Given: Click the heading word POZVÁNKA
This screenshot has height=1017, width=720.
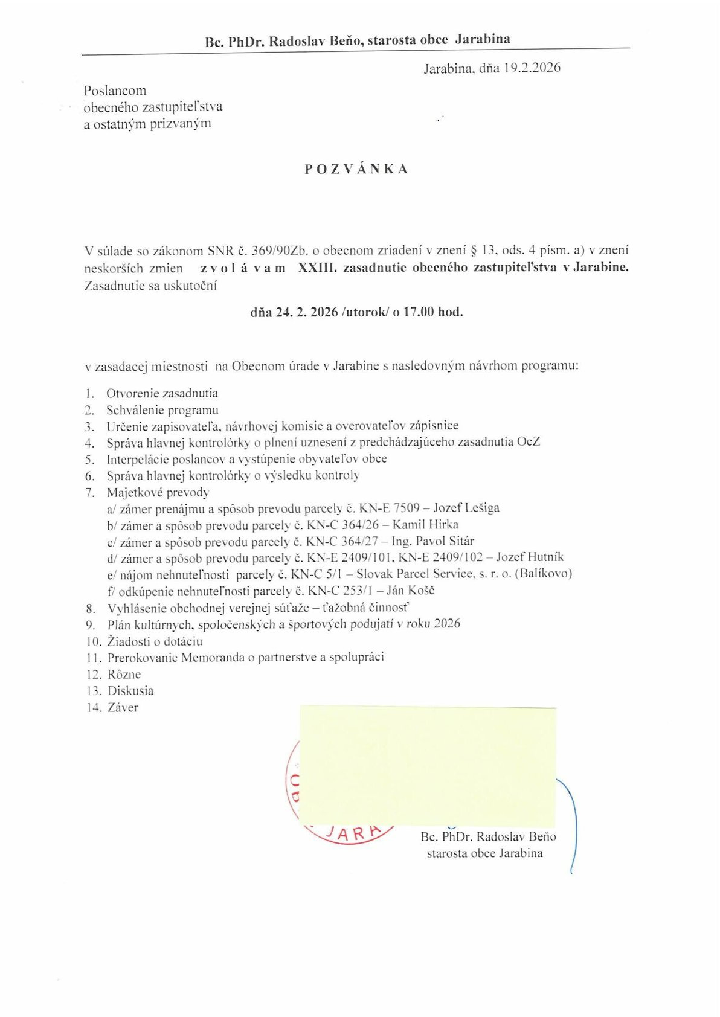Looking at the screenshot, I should click(356, 169).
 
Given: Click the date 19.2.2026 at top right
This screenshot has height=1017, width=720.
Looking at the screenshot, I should click(532, 68).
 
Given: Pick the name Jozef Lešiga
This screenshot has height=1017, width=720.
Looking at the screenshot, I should click(466, 508).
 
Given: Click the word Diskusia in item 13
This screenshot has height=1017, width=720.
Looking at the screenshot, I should click(130, 691).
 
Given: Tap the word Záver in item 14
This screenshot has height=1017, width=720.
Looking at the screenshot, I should click(123, 708).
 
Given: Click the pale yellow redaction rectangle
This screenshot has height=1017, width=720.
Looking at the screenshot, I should click(428, 765).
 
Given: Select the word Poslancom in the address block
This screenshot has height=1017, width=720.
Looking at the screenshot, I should click(115, 91).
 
